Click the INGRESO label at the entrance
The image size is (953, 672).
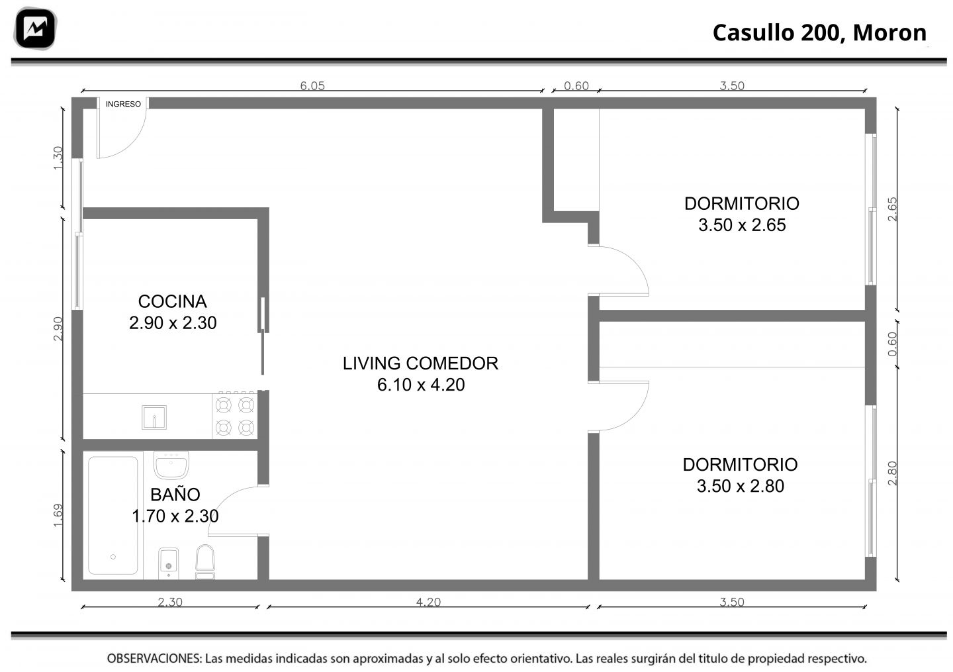tap(123, 104)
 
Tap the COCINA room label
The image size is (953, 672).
tap(172, 301)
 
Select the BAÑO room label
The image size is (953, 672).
tap(175, 495)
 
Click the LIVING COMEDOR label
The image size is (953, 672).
tap(420, 363)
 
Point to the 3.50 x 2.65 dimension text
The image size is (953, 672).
tap(742, 225)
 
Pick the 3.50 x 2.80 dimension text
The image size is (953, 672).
tap(741, 486)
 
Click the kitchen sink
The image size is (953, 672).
tap(154, 417)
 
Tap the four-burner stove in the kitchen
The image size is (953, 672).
tap(235, 415)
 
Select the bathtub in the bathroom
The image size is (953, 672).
tap(113, 515)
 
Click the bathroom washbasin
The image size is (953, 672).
tap(171, 465)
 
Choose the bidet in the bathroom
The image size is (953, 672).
tap(169, 563)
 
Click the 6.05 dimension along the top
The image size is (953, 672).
tap(312, 86)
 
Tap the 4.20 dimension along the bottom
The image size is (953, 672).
tap(428, 602)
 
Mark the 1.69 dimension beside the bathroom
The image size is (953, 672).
tap(58, 515)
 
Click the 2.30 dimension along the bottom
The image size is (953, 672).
tap(170, 602)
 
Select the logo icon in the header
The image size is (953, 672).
tap(35, 28)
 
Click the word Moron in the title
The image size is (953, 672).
tap(889, 32)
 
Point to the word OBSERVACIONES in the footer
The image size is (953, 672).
tap(154, 658)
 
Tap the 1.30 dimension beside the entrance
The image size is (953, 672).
tap(58, 158)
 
